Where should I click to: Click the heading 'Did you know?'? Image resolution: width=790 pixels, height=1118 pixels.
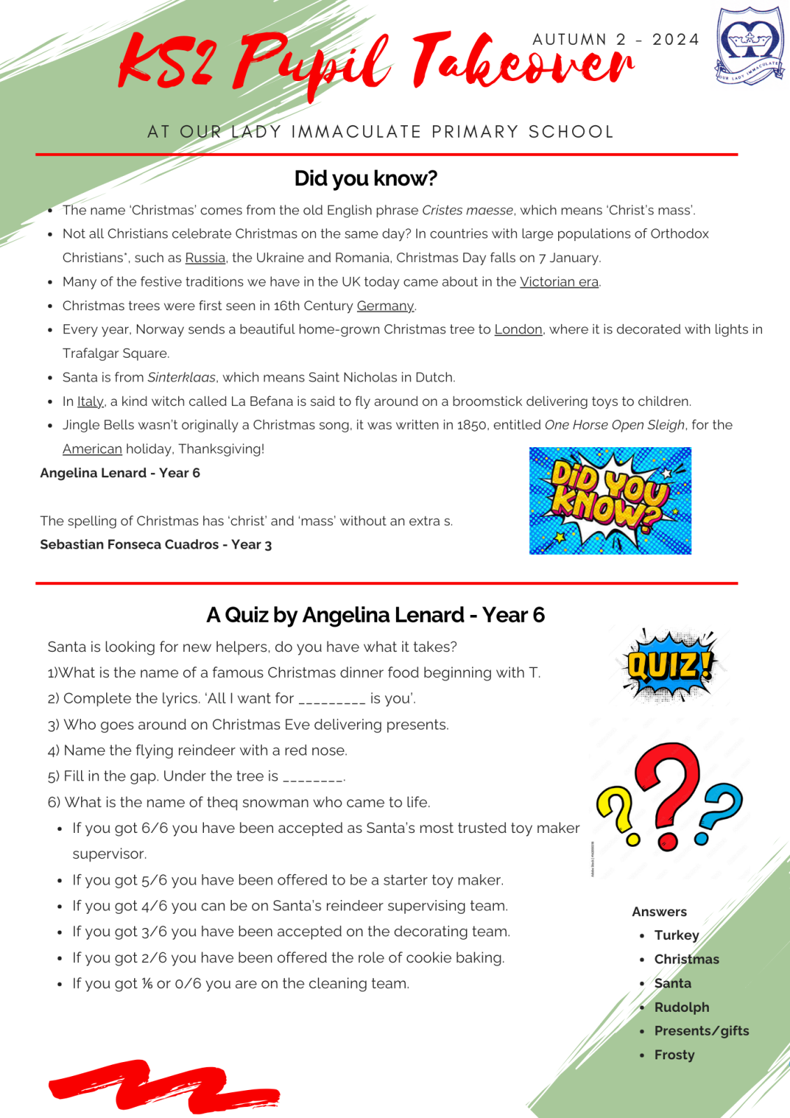click(365, 178)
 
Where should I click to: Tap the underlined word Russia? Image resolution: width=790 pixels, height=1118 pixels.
click(205, 258)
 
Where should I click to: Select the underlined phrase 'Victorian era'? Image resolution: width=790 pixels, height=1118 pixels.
click(559, 282)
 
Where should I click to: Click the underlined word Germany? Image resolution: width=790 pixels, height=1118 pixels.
click(385, 306)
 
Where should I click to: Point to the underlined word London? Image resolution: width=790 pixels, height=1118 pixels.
click(518, 329)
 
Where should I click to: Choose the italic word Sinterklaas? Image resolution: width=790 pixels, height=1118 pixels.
click(182, 377)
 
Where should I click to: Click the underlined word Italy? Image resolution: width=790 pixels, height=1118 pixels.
click(90, 402)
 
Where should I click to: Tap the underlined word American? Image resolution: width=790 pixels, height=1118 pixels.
click(92, 449)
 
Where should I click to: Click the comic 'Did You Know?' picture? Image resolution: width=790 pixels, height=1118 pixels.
click(610, 501)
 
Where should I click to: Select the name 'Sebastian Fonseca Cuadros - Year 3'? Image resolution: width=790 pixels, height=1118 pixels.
click(156, 544)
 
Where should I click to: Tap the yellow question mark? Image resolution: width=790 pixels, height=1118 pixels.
click(617, 815)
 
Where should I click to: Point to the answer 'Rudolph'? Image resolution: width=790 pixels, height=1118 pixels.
click(681, 1007)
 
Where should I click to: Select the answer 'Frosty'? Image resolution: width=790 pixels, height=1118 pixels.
click(674, 1054)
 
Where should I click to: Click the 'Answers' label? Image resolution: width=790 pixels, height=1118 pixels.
click(659, 912)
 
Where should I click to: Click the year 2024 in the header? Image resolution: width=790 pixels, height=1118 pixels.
click(675, 40)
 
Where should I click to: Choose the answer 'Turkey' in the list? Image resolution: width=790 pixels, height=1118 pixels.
click(676, 935)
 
